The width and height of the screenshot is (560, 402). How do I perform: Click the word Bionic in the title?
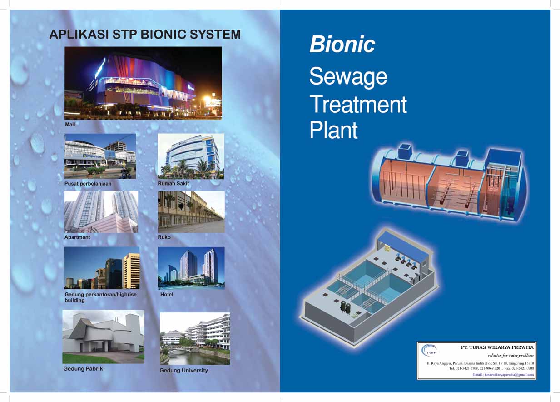[342, 45]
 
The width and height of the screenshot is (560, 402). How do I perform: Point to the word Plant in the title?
[333, 130]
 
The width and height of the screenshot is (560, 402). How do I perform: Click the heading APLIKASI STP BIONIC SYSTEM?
[144, 35]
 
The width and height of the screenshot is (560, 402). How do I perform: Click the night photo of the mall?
[143, 83]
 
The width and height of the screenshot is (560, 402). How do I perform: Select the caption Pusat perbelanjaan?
[88, 184]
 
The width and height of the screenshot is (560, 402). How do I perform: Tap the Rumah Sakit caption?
[173, 184]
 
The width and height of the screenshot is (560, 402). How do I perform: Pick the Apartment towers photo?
[101, 211]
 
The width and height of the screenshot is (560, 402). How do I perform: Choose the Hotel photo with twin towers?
[191, 268]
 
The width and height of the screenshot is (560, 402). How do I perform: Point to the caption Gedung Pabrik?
[83, 369]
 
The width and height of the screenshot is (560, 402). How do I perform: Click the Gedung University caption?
[183, 371]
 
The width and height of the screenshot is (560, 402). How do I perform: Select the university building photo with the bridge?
[195, 338]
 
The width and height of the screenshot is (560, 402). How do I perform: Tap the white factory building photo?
[103, 337]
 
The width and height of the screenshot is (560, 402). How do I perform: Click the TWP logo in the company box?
[429, 350]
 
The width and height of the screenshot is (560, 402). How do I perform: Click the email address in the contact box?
[504, 375]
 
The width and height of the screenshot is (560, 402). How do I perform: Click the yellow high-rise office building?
[131, 271]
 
